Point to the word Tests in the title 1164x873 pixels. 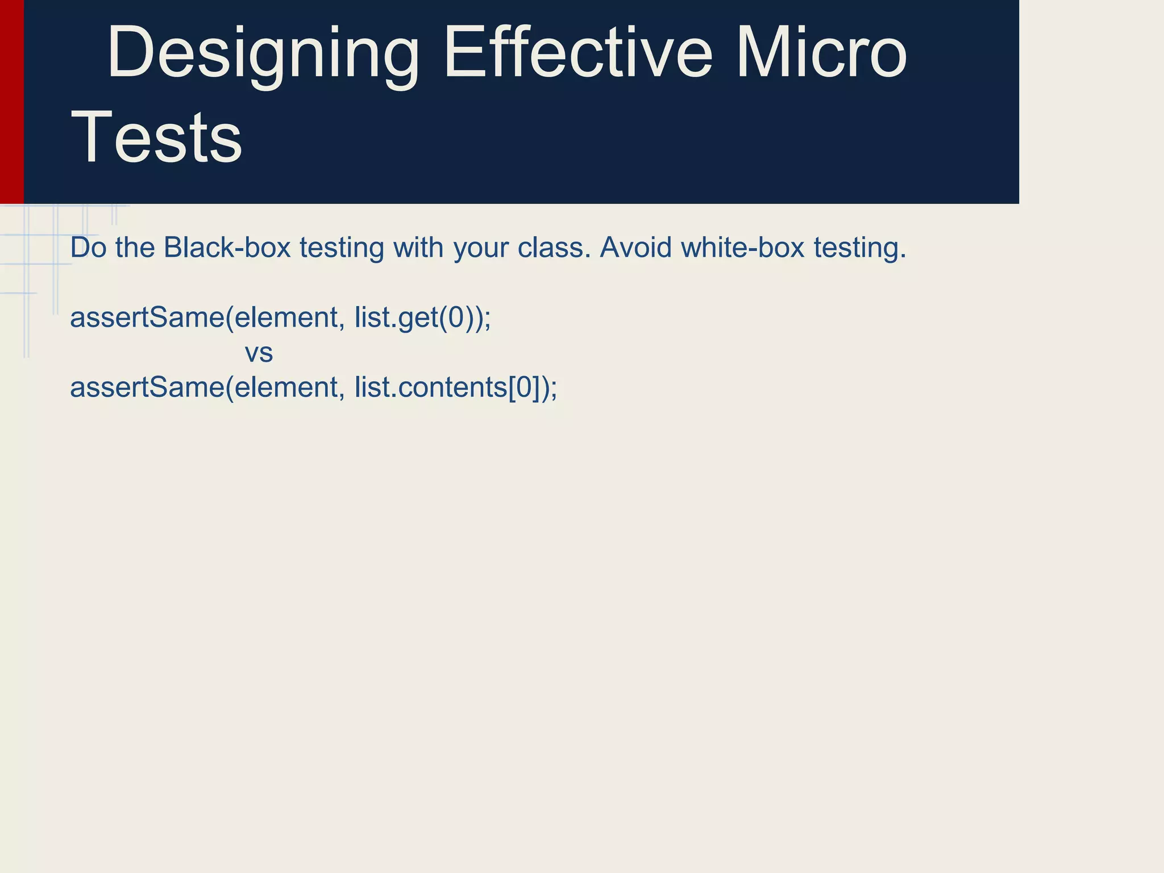(x=157, y=138)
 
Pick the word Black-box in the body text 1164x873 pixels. (x=227, y=248)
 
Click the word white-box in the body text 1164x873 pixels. (x=742, y=248)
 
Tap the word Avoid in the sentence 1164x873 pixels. (x=635, y=248)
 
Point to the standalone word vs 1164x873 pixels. (x=259, y=353)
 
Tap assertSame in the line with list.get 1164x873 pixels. (x=147, y=318)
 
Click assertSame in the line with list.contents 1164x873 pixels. (x=147, y=388)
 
